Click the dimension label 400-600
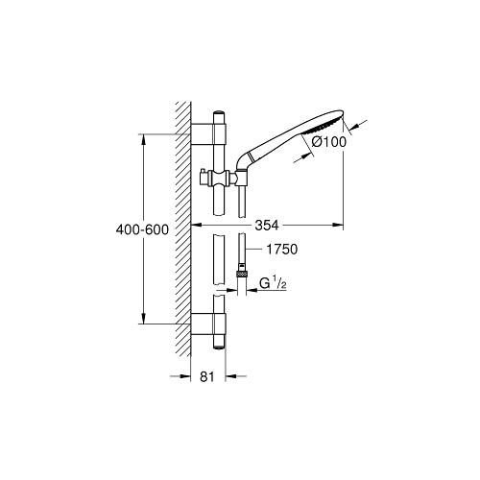click(142, 229)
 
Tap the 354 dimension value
click(267, 226)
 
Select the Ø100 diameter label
click(329, 142)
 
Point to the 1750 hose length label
click(282, 249)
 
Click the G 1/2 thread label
click(273, 284)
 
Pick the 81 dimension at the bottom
click(206, 376)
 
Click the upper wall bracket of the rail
click(208, 134)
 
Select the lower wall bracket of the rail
click(208, 324)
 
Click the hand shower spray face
click(322, 128)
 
